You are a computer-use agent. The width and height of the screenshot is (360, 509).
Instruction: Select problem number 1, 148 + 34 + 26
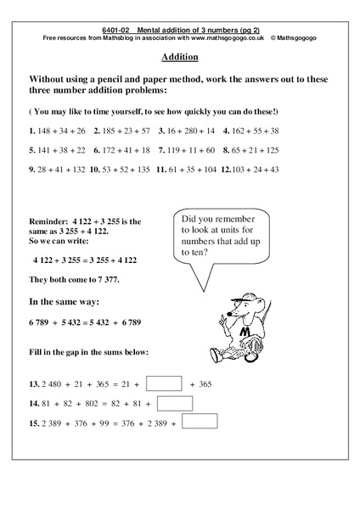tap(57, 131)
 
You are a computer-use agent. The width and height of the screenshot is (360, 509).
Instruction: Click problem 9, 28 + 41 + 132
tap(55, 170)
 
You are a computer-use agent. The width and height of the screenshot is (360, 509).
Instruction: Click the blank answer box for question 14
tap(174, 404)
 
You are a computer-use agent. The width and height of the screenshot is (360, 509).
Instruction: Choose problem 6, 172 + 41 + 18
tap(122, 150)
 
